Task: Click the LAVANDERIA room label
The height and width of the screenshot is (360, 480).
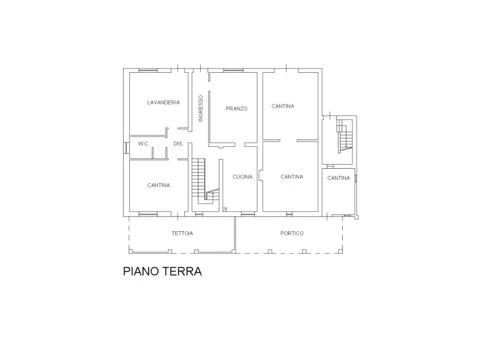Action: point(164,103)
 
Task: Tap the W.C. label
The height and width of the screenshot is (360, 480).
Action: point(143,143)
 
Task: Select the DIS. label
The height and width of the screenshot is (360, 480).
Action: point(179,143)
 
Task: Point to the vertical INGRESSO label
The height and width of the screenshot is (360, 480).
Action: point(201,108)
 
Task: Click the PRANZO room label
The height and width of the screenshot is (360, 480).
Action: point(237,109)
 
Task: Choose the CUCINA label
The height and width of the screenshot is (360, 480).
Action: point(242,177)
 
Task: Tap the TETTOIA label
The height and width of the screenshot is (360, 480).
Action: point(182,233)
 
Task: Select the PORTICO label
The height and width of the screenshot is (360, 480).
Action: point(292,233)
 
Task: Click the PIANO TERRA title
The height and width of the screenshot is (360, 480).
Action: point(162,271)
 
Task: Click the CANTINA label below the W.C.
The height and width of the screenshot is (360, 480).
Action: point(158,185)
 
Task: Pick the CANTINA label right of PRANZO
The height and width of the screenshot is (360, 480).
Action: point(283,106)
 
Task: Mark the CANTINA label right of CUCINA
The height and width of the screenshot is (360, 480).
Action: point(292,177)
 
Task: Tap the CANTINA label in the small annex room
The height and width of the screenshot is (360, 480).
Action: point(338,178)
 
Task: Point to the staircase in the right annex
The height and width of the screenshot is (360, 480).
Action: point(345,136)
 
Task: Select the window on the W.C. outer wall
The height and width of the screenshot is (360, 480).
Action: point(125,148)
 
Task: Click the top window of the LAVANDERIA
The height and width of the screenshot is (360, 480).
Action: point(148,71)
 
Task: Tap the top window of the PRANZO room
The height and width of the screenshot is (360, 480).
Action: point(233,71)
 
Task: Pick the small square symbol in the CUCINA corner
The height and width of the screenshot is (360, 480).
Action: point(225,210)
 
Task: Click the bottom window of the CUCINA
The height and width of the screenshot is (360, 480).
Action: point(248,214)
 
